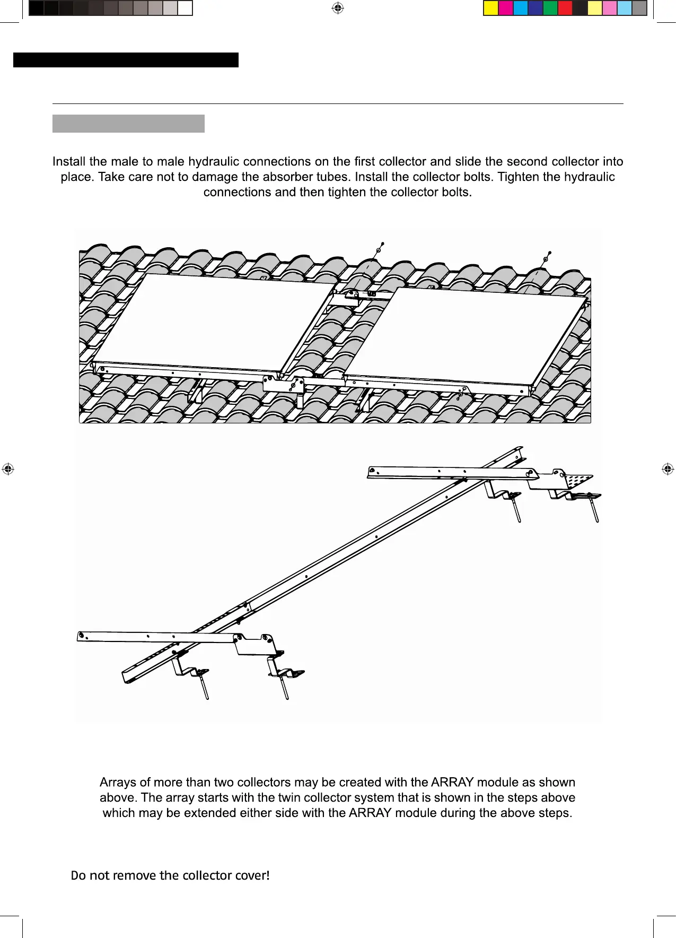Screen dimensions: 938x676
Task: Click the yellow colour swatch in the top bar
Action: (491, 8)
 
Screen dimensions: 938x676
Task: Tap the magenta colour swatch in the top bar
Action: (506, 8)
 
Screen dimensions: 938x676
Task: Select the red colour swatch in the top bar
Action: (565, 8)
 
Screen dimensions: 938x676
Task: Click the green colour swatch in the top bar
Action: (550, 8)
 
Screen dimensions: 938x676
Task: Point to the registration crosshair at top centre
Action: (338, 7)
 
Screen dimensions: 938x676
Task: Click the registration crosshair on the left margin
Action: (7, 469)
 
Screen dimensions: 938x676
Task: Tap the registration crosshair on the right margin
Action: (668, 469)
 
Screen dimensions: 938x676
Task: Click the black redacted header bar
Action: (126, 60)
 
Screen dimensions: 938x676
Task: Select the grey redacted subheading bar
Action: (128, 124)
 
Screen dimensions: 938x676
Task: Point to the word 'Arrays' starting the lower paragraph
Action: (118, 783)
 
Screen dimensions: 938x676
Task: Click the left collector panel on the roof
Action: (212, 321)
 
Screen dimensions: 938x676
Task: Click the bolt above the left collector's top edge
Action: (379, 250)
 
